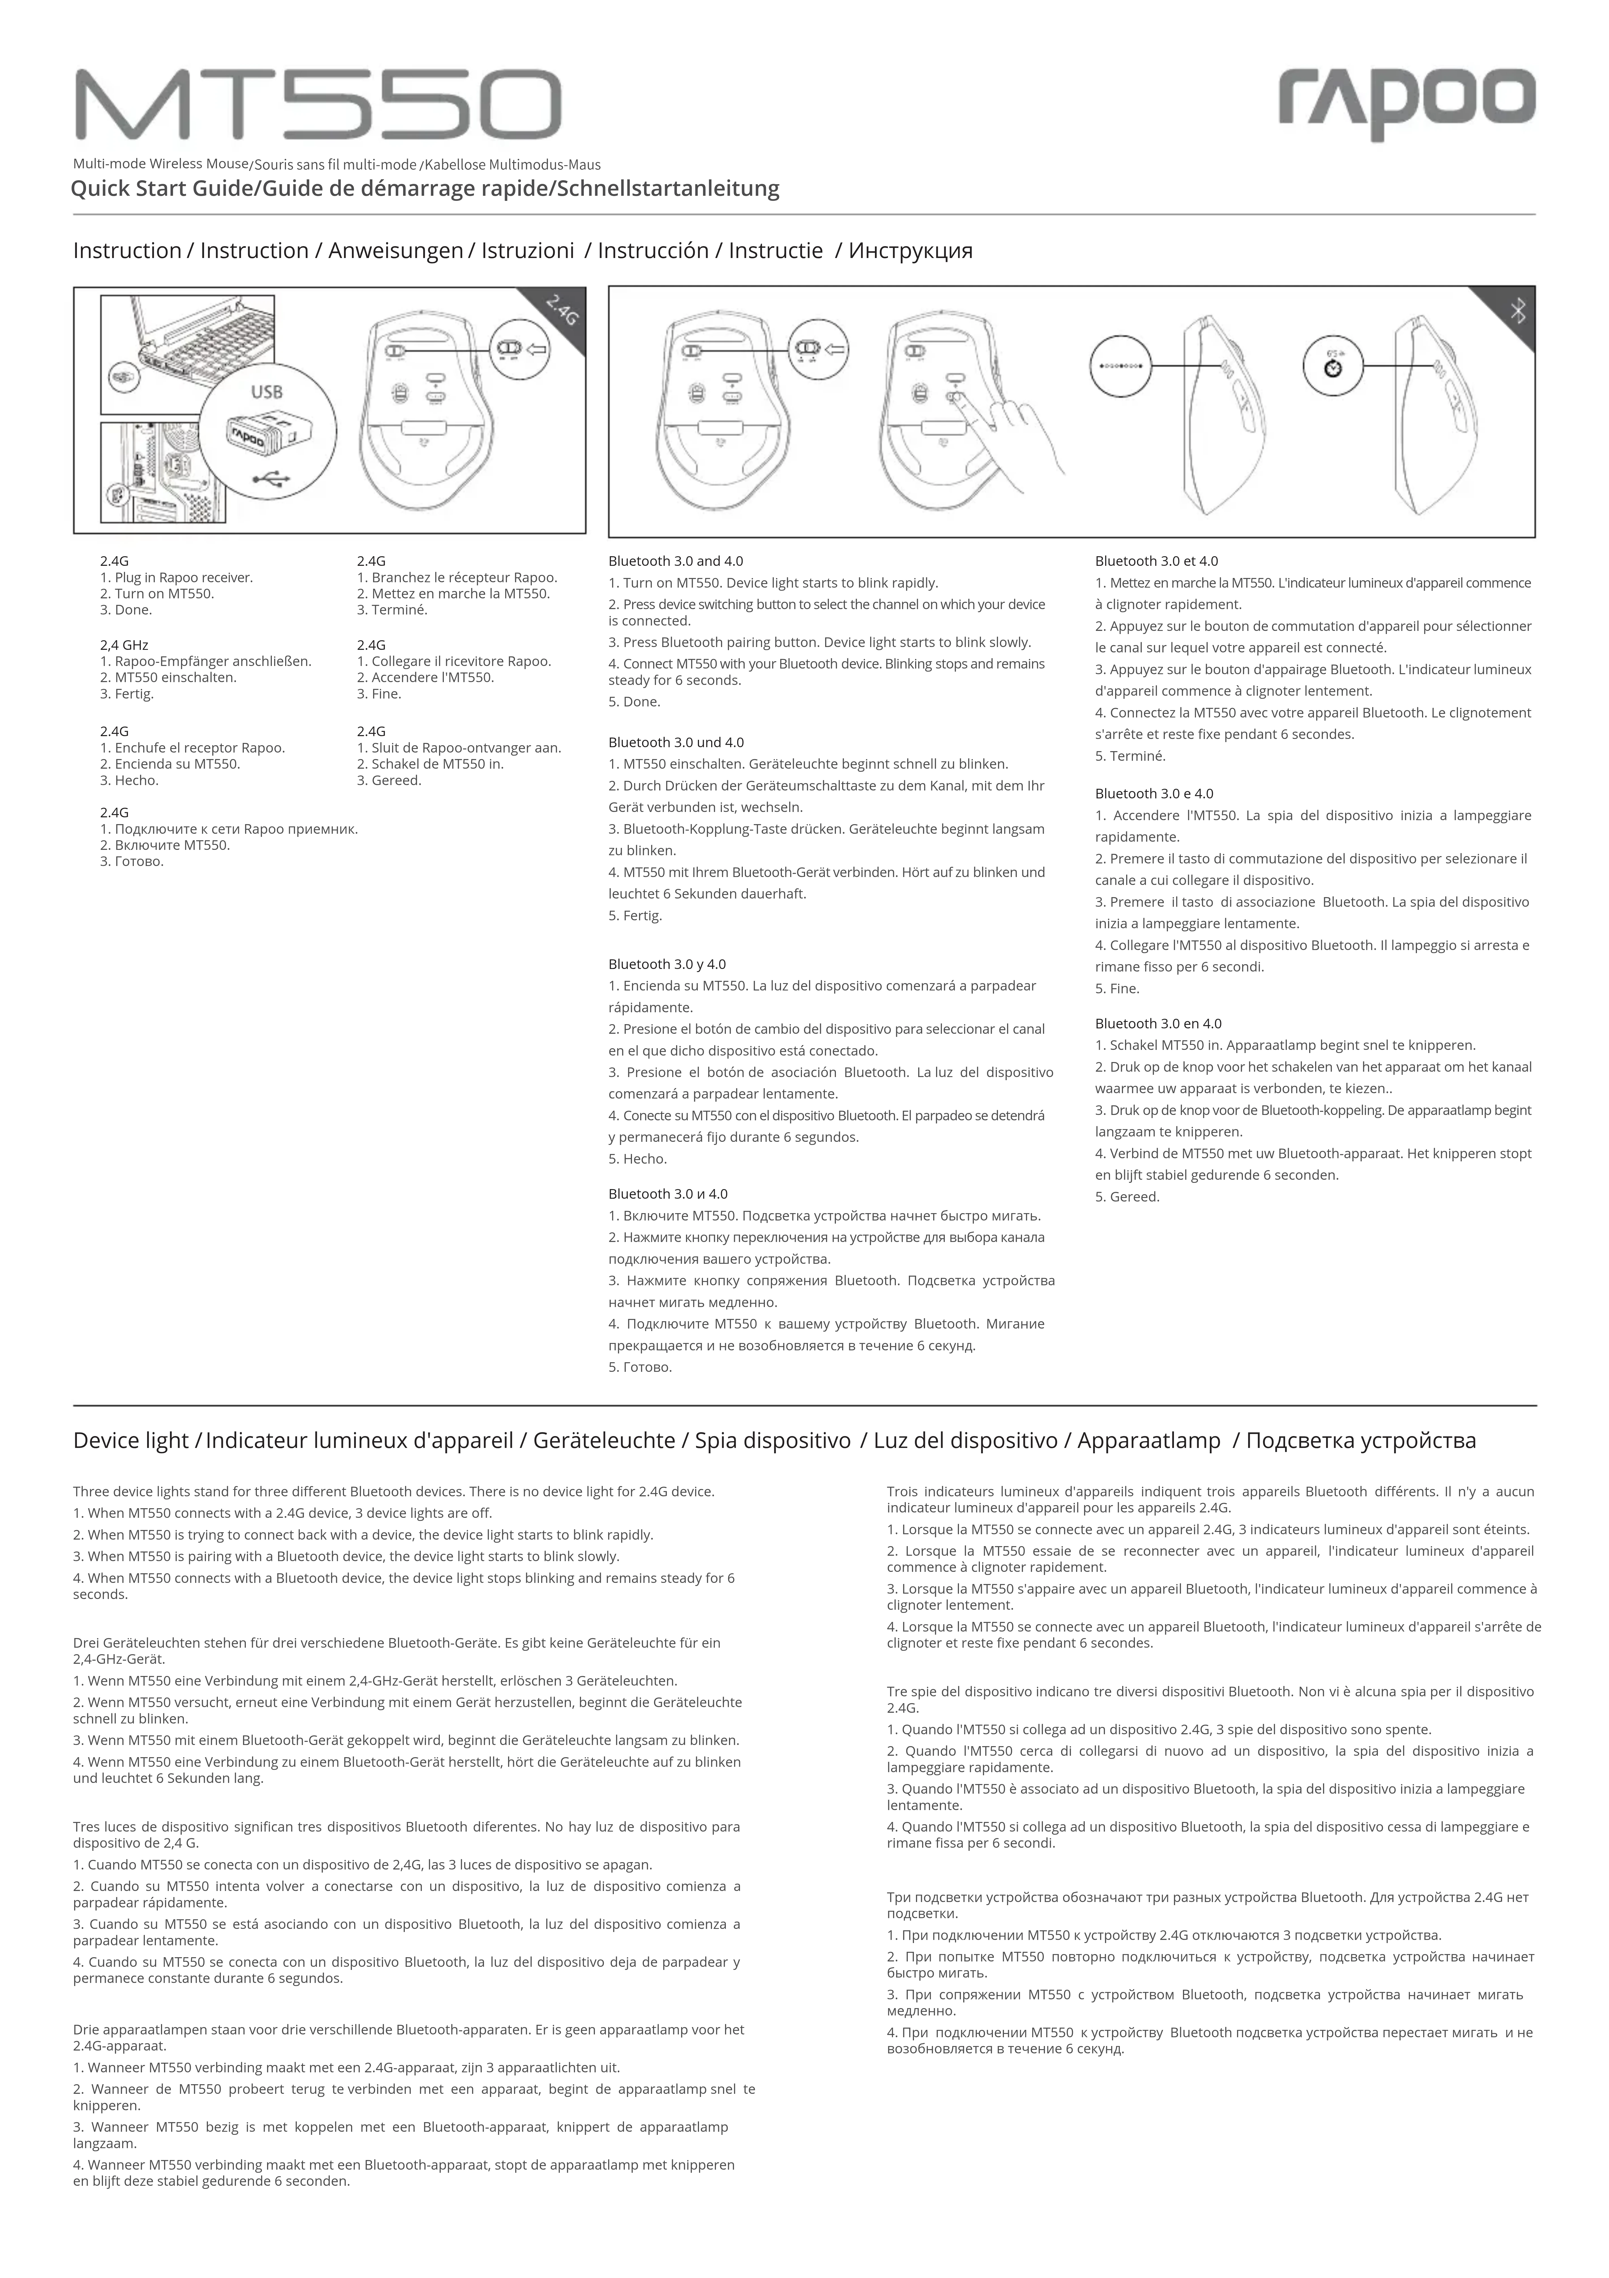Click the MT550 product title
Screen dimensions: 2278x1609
tap(317, 105)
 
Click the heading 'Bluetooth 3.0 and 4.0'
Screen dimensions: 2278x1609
tap(676, 562)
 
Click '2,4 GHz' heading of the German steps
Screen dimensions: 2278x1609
tap(124, 645)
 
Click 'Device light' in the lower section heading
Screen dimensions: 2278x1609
tap(130, 1441)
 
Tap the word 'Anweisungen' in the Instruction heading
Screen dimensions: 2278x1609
tap(395, 251)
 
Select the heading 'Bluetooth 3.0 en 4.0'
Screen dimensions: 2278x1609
tap(1158, 1024)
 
